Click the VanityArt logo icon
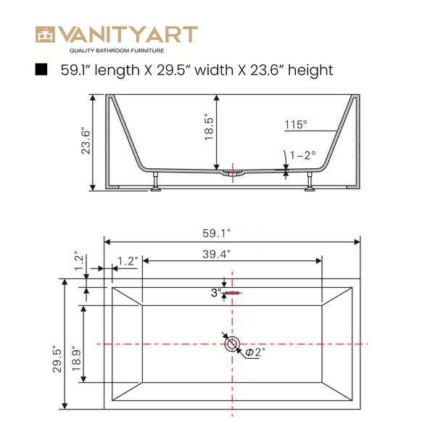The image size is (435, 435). [x=46, y=34]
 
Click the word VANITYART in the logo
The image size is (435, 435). [x=128, y=34]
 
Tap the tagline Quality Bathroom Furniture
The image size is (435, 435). [x=117, y=51]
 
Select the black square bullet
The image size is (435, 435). [x=41, y=70]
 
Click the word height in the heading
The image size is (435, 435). [x=311, y=70]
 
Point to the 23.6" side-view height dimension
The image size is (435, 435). [x=86, y=141]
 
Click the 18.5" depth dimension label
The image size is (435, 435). [x=210, y=127]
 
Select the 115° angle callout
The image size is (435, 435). [x=296, y=125]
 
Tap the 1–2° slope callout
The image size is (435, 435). [x=302, y=155]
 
